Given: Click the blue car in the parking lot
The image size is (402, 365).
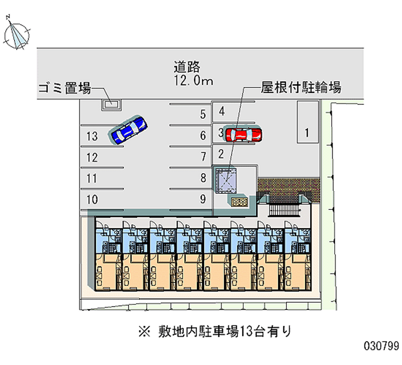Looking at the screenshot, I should click(129, 130).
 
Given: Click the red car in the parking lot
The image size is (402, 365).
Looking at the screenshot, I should click(244, 134).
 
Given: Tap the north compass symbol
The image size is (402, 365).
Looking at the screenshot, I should click(17, 34).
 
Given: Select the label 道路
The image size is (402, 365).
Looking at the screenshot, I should click(187, 66).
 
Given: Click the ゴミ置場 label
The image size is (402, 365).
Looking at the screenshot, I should click(64, 89).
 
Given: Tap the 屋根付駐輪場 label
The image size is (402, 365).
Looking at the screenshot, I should click(301, 88).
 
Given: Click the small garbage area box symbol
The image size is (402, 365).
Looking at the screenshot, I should click(110, 104).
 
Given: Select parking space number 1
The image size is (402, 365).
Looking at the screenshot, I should click(307, 133).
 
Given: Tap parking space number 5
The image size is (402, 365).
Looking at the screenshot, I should click(203, 114).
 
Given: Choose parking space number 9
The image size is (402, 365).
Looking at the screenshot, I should click(203, 199).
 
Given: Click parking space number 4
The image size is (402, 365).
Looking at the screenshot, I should click(222, 111).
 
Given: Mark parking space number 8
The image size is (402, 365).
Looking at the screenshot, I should click(203, 178).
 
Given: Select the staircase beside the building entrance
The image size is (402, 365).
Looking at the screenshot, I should click(284, 207).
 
